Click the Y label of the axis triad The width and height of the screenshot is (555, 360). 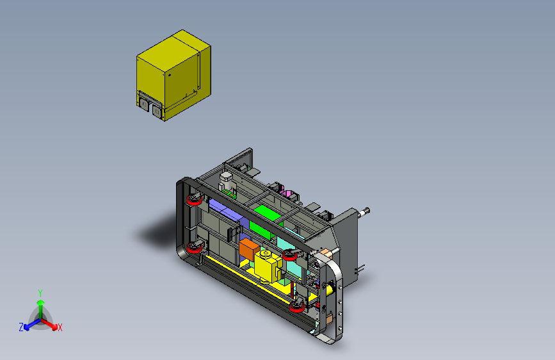click(40, 293)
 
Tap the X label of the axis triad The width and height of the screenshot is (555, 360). click(60, 327)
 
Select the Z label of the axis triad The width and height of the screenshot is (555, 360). click(21, 327)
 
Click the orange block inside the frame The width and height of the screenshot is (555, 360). click(249, 249)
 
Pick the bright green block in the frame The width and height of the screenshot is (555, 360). click(266, 222)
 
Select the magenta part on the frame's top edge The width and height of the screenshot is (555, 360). click(286, 193)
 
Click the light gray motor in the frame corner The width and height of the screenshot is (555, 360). click(227, 181)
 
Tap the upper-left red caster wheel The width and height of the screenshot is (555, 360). click(195, 199)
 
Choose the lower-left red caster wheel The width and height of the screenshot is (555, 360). click(195, 247)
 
